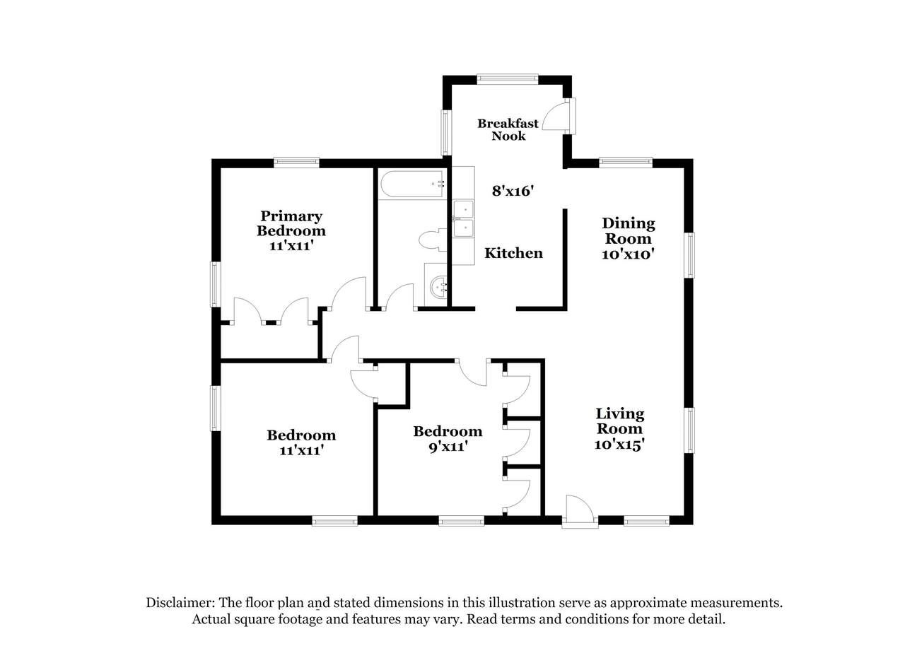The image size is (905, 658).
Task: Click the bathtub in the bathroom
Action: pos(413,184)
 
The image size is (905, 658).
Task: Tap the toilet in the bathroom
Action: pos(433,240)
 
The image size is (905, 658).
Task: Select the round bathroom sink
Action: pos(438,287)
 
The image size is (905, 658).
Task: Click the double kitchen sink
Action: pos(463,218)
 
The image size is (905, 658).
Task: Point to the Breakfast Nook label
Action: pos(508,129)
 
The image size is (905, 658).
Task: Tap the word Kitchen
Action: pos(513,253)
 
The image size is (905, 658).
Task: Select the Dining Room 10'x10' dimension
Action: pos(629,254)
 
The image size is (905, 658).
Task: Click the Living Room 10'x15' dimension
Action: pos(619,445)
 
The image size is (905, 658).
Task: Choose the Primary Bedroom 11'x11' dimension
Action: pos(292,246)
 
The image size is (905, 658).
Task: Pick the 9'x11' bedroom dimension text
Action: pos(448,447)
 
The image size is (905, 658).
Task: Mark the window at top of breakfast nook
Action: pos(508,79)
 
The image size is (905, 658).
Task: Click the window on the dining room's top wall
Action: pos(626,163)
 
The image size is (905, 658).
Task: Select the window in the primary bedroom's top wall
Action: pos(296,163)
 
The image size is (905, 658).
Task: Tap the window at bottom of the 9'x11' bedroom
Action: pos(462,521)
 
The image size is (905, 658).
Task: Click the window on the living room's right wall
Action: pos(689,430)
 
